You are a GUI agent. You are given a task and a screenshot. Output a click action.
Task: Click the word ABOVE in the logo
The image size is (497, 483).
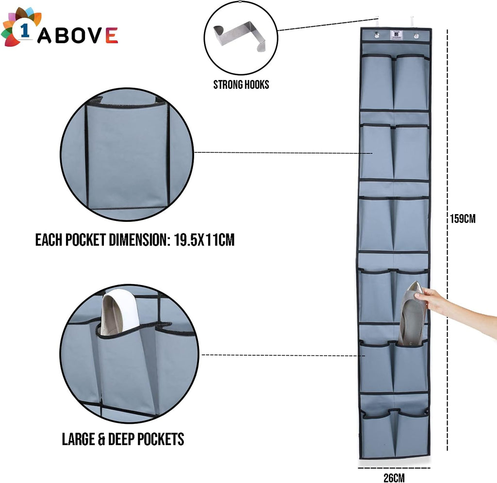(78, 35)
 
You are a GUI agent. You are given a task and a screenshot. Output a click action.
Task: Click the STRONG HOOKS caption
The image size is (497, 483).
(241, 85)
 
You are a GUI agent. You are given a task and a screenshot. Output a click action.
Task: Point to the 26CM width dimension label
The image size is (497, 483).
(394, 478)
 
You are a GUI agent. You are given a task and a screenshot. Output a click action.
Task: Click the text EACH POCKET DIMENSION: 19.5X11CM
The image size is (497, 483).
(135, 240)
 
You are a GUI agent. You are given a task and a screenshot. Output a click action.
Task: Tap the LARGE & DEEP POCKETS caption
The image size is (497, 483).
(123, 439)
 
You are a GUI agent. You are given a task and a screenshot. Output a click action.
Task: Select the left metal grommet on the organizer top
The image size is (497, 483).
(376, 35)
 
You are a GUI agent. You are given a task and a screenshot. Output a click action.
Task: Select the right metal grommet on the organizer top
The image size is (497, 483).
(416, 36)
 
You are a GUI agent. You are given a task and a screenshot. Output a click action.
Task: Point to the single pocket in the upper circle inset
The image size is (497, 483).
(127, 155)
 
